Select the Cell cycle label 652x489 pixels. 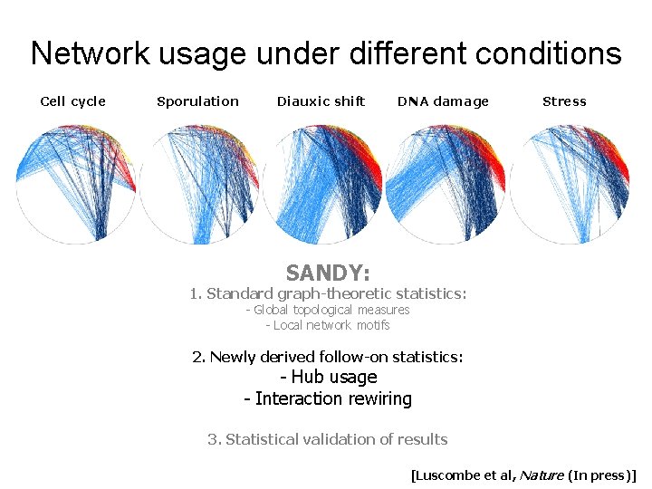[x=73, y=101]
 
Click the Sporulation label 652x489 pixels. [x=197, y=101]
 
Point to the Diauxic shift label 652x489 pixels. [x=321, y=101]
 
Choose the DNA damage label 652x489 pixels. [x=443, y=101]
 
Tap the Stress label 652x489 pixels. [x=564, y=101]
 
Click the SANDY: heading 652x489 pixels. [x=328, y=273]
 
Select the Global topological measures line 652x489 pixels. [x=328, y=310]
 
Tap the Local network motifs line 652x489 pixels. [x=328, y=325]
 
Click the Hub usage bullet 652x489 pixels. [x=328, y=377]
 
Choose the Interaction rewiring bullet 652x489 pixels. [x=328, y=398]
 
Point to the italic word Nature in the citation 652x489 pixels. [x=542, y=474]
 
